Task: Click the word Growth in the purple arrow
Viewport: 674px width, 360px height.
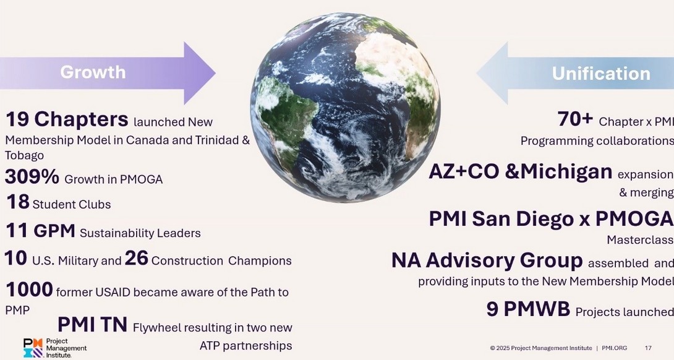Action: tap(93, 72)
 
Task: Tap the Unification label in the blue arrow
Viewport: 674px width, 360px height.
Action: tap(601, 73)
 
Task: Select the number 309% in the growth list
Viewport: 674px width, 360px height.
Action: tap(32, 177)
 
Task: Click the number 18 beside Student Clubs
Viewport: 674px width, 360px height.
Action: tap(18, 202)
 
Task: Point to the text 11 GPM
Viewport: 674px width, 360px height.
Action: tap(40, 231)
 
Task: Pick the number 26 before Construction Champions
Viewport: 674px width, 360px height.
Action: tap(136, 259)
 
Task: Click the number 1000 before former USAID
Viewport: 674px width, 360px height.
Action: tap(29, 289)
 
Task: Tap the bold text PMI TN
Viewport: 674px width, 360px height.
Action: tap(92, 324)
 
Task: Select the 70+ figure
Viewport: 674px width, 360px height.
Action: tap(575, 119)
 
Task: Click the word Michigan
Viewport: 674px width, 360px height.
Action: tap(566, 171)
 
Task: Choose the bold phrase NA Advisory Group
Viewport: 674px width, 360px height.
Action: tap(487, 260)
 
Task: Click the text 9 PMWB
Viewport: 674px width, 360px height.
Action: tap(528, 309)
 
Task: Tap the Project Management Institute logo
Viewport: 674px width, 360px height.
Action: tap(54, 348)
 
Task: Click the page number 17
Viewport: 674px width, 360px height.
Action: tap(648, 348)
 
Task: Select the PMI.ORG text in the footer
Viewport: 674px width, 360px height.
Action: tap(614, 348)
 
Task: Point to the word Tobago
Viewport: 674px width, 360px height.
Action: tap(25, 155)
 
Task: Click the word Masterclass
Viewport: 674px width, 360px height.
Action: tap(640, 239)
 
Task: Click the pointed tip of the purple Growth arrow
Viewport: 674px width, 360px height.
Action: tap(215, 73)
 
